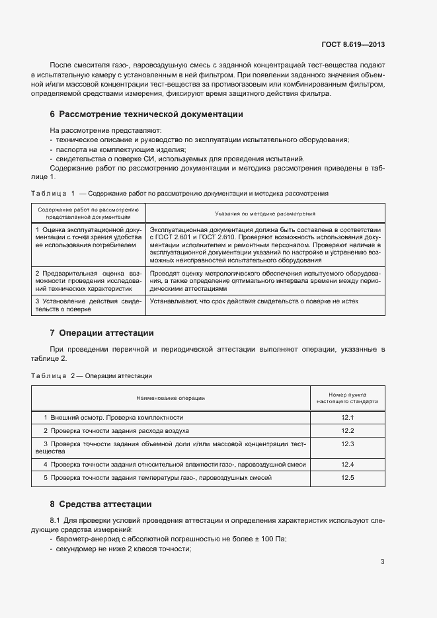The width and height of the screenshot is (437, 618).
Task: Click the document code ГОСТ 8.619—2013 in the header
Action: tap(352, 45)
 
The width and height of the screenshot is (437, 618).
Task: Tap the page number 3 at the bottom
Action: tap(382, 562)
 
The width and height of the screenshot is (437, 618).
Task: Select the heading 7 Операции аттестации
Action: tap(102, 332)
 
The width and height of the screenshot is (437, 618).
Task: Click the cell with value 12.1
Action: tap(348, 418)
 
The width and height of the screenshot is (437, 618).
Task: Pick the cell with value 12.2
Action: tap(348, 431)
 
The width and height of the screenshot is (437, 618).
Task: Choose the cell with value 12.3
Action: tap(348, 444)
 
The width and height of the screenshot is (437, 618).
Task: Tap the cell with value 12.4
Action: tap(348, 465)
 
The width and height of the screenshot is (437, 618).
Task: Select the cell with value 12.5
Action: tap(348, 477)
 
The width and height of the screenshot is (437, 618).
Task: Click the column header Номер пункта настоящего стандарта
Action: tap(348, 397)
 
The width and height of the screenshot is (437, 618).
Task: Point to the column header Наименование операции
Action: tap(171, 398)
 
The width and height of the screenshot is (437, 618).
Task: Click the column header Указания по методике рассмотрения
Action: tap(265, 213)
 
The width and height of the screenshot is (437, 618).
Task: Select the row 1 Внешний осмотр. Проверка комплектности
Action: tap(113, 418)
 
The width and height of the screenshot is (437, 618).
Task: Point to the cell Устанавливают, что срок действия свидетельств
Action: tap(253, 301)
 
